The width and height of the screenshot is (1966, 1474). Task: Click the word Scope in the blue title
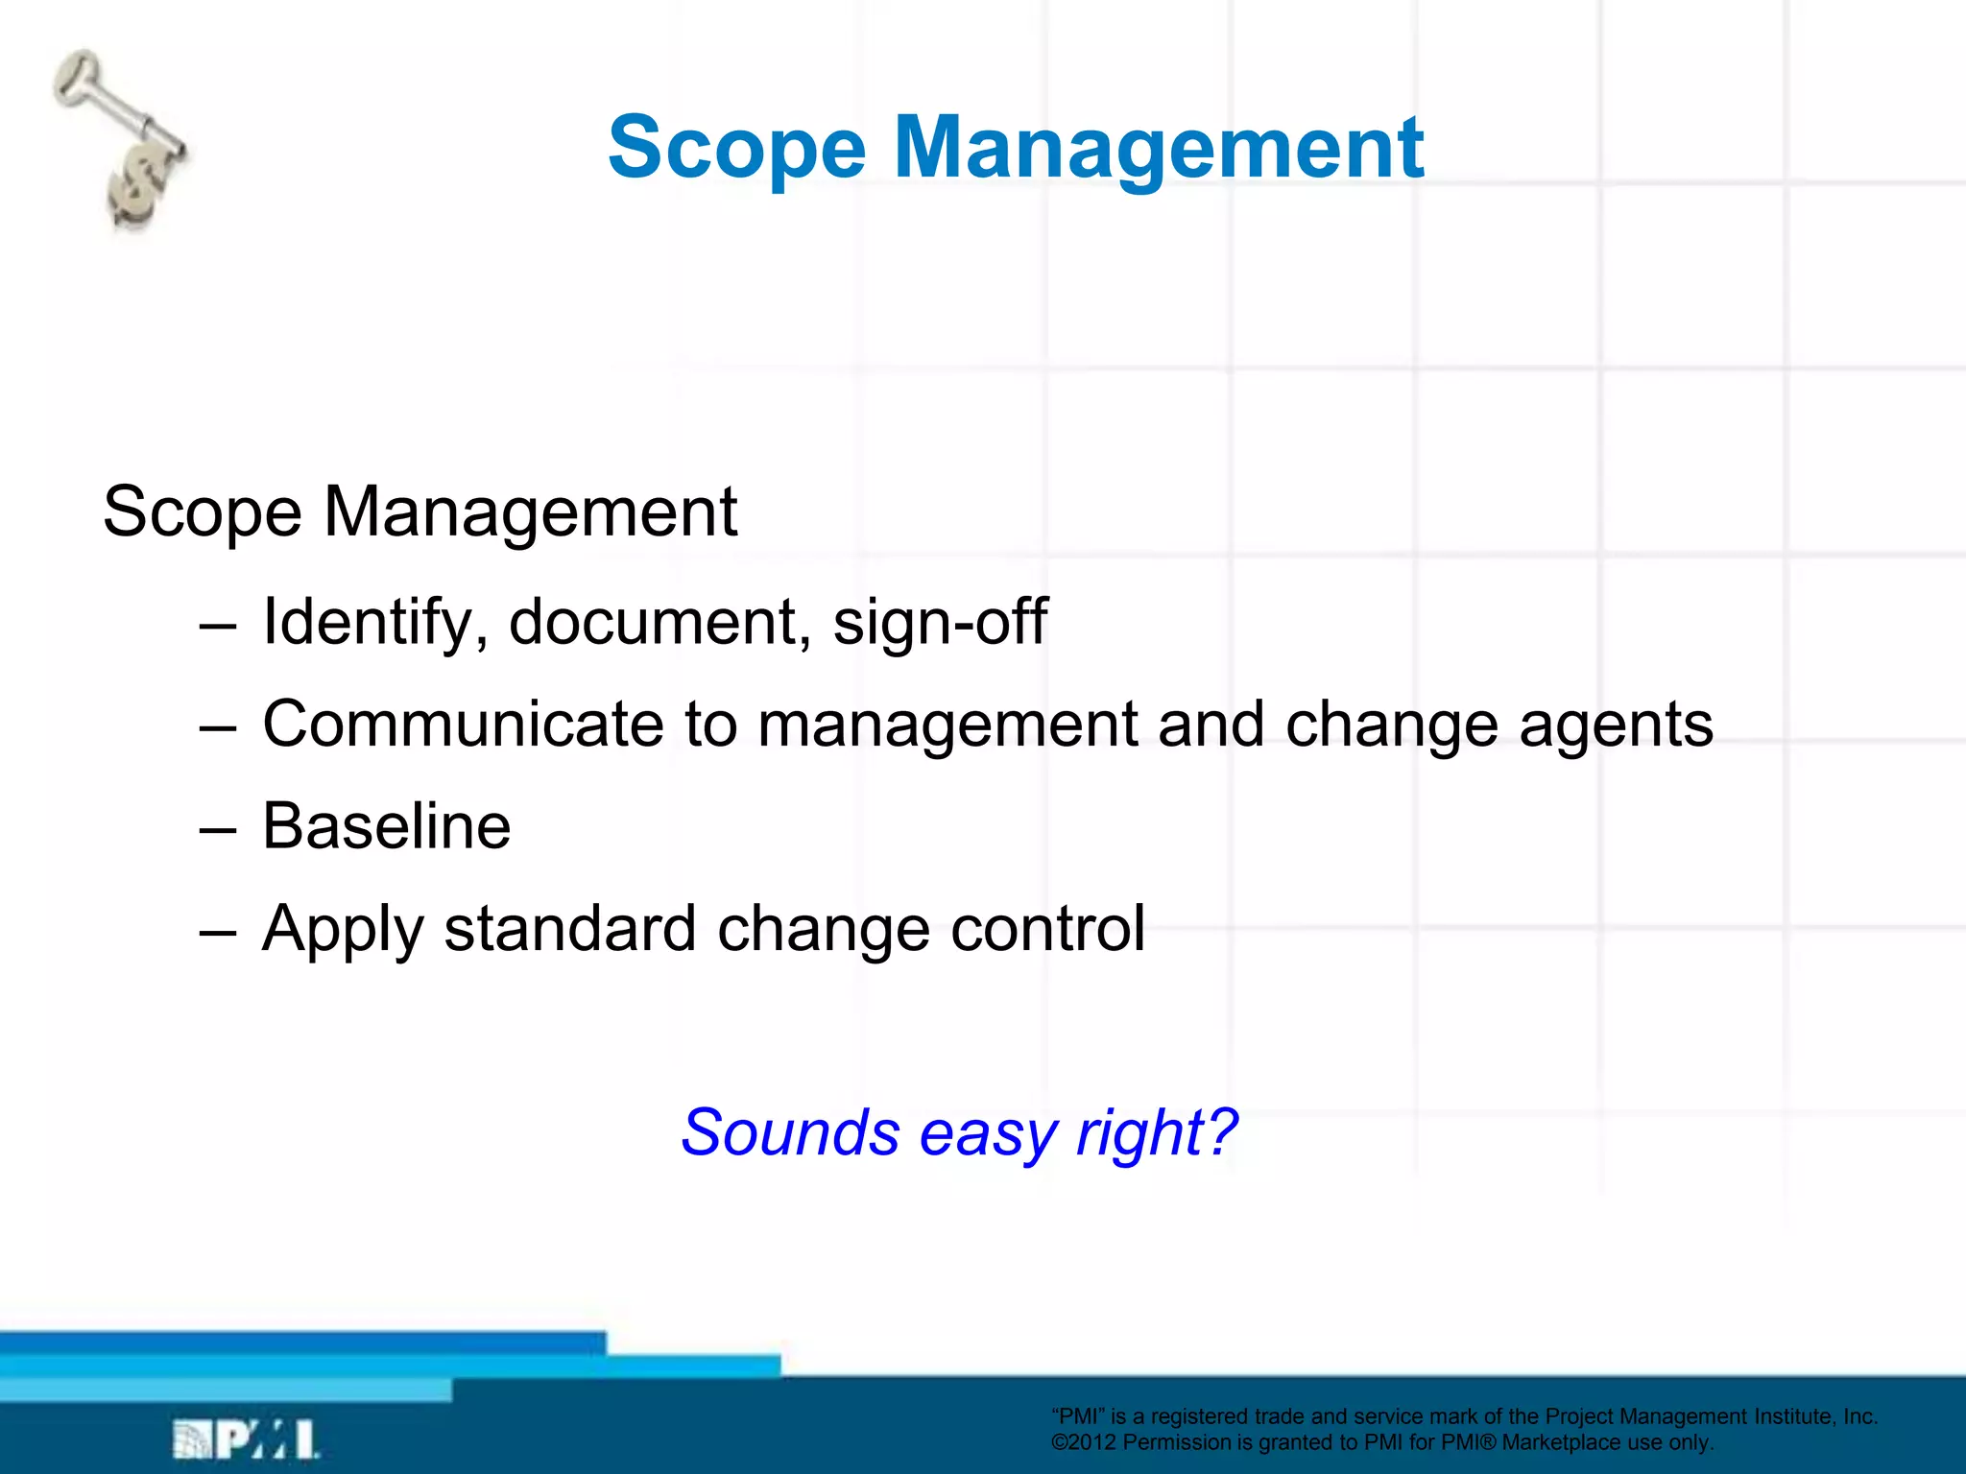point(736,149)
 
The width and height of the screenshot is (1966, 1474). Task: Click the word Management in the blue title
point(1159,149)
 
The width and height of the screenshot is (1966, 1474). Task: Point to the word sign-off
point(940,623)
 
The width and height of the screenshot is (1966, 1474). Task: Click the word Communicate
point(463,724)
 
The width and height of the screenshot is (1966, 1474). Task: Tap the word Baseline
point(386,826)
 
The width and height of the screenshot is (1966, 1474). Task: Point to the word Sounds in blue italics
point(789,1132)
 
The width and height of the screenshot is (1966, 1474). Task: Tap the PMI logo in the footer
point(246,1439)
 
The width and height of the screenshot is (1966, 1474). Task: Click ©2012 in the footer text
point(1084,1442)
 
